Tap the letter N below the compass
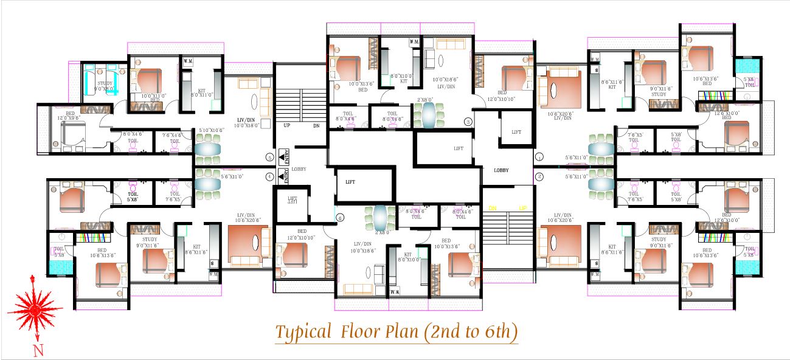(38, 349)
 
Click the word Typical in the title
(302, 332)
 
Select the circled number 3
(468, 121)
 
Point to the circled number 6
(339, 217)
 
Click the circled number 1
(538, 156)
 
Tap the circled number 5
(269, 157)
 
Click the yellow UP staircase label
(522, 208)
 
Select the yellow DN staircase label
(492, 208)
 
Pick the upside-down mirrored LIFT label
(293, 199)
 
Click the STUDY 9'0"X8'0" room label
(105, 85)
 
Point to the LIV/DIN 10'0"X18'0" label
(249, 122)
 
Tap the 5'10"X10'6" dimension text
(212, 130)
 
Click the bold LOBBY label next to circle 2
(501, 170)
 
